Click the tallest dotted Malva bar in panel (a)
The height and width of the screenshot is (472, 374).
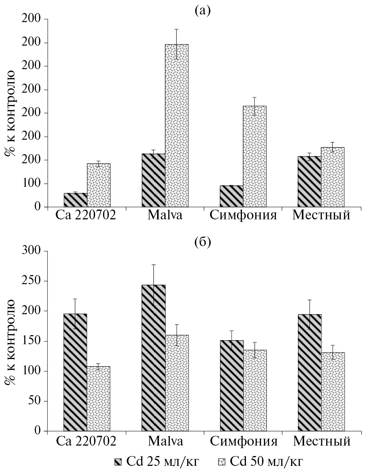coord(177,126)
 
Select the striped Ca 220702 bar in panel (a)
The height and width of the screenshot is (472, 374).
coord(75,200)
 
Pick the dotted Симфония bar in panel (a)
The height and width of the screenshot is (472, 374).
coord(255,156)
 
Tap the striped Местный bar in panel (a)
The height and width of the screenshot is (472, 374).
coord(309,182)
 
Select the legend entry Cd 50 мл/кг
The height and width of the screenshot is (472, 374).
coord(260,462)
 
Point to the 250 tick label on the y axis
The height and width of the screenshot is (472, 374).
coord(32,281)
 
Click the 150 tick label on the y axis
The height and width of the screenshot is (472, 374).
coord(32,341)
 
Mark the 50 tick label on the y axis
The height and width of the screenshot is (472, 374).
coord(35,401)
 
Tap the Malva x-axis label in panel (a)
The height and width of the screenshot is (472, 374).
coord(165,216)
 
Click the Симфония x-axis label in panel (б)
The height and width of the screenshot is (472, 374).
coord(243,442)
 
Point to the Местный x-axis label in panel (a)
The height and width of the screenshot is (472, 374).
coord(322,216)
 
